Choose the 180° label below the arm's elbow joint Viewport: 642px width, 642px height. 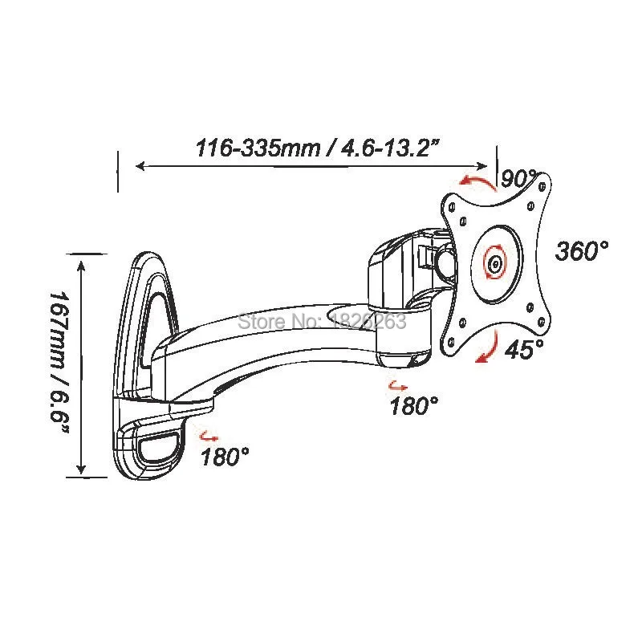[x=414, y=406]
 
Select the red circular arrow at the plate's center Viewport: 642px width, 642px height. [x=495, y=262]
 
